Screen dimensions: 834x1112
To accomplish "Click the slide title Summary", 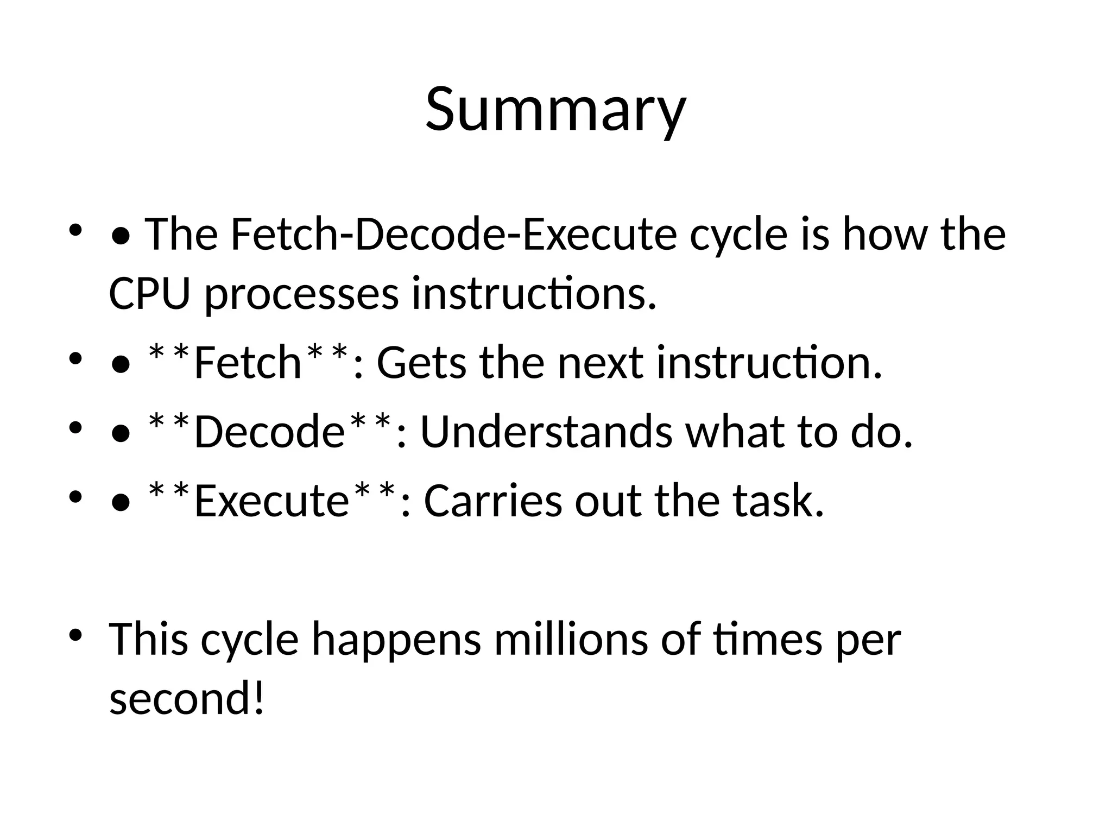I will tap(555, 110).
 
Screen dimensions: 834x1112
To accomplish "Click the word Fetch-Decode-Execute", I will tap(454, 235).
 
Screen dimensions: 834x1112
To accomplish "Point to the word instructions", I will tap(534, 294).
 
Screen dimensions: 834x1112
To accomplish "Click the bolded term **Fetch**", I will tap(248, 362).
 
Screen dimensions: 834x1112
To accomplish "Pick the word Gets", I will tap(421, 363).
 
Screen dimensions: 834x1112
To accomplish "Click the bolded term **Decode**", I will tap(269, 432).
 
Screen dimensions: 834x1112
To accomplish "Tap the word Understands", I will tap(546, 432).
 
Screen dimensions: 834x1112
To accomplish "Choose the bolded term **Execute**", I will tap(271, 500).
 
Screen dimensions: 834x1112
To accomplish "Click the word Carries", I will tap(492, 500).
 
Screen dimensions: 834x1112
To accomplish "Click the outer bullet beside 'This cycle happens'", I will tap(75, 634).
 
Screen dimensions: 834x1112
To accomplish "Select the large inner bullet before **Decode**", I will tap(120, 433).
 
